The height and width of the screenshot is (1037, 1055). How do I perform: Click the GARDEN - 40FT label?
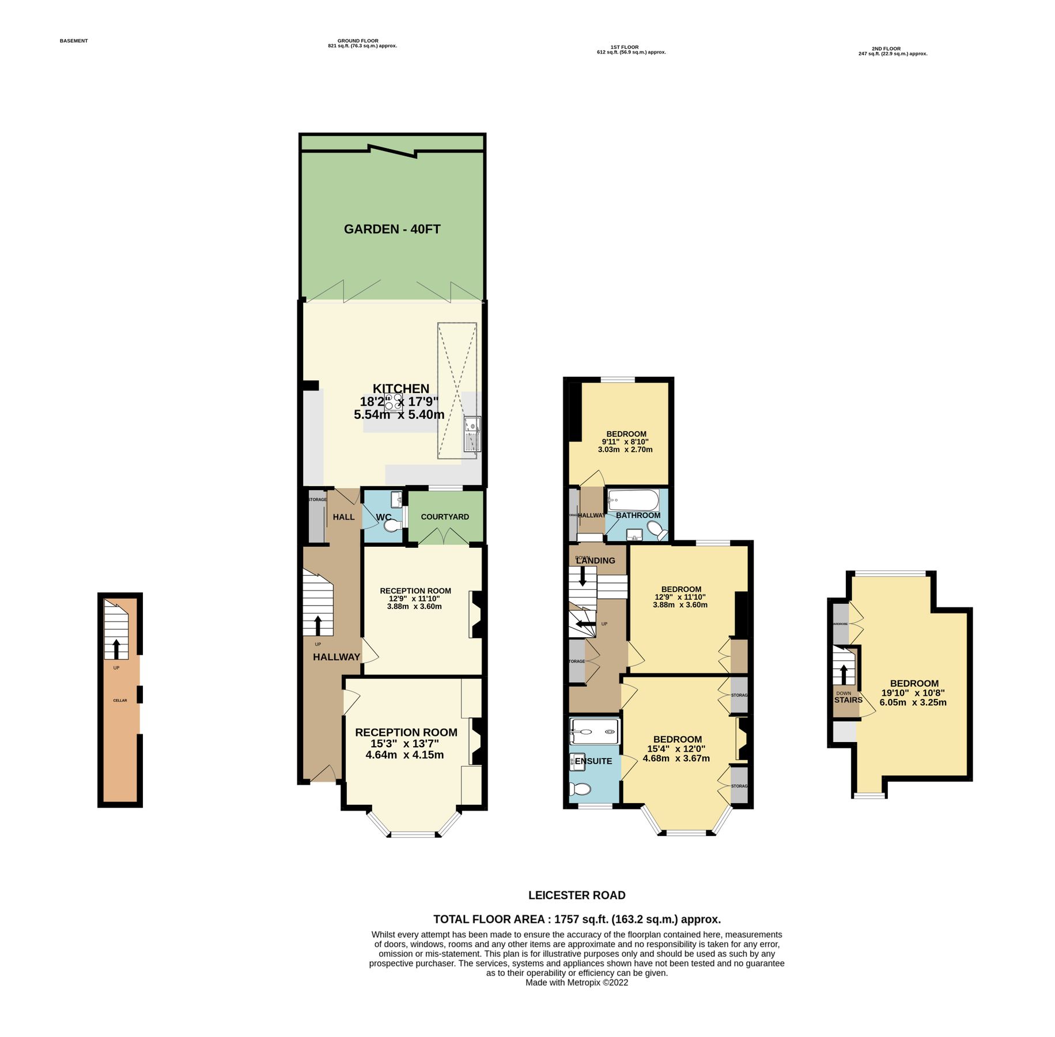[x=392, y=229]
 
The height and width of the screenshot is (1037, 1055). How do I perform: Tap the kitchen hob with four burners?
[x=394, y=402]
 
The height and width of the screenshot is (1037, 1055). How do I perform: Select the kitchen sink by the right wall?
[x=472, y=434]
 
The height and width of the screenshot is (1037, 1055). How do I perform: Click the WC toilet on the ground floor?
[x=393, y=526]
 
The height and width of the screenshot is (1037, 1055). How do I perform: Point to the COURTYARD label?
[x=444, y=517]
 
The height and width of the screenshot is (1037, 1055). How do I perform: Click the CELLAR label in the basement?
[x=120, y=701]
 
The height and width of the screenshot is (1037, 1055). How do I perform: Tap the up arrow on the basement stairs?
[x=116, y=649]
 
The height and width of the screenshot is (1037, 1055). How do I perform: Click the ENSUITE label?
[x=593, y=761]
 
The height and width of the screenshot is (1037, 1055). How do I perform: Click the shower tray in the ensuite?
[x=594, y=732]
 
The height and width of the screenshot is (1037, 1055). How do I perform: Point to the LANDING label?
[x=596, y=561]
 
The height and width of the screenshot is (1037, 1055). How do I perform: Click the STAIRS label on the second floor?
[x=848, y=700]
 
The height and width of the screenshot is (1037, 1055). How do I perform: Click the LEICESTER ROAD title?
[x=577, y=895]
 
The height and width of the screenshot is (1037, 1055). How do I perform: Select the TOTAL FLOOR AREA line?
[x=577, y=919]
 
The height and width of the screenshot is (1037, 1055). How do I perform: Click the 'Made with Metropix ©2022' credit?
[x=577, y=983]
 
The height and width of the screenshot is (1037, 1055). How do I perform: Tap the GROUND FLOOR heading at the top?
[x=358, y=41]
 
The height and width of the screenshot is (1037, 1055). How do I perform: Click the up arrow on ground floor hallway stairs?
[x=317, y=625]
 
